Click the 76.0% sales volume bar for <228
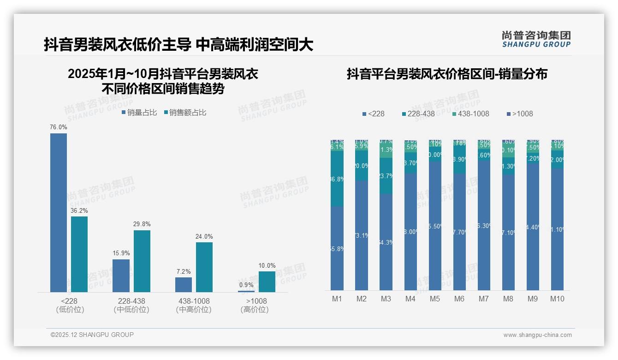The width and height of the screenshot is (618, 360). pyautogui.click(x=59, y=212)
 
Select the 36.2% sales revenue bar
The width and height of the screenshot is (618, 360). pyautogui.click(x=79, y=254)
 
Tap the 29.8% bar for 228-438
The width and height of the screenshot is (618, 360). pyautogui.click(x=142, y=261)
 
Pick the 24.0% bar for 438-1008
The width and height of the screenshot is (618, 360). pyautogui.click(x=204, y=267)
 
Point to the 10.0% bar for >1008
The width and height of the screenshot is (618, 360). pyautogui.click(x=267, y=282)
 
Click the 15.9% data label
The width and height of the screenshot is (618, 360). pyautogui.click(x=121, y=253)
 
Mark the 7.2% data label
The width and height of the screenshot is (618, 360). pyautogui.click(x=184, y=271)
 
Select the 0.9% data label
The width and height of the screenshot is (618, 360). pyautogui.click(x=246, y=285)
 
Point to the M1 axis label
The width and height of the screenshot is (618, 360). pyautogui.click(x=337, y=299)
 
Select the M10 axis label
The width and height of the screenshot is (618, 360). pyautogui.click(x=557, y=299)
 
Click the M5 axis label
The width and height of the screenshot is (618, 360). pyautogui.click(x=435, y=299)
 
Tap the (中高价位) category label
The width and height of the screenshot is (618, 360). pyautogui.click(x=194, y=310)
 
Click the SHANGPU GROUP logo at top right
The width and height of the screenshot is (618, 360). pyautogui.click(x=536, y=39)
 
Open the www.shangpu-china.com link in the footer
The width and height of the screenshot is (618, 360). pyautogui.click(x=537, y=335)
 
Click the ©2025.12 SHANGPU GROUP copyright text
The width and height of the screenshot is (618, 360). pyautogui.click(x=92, y=335)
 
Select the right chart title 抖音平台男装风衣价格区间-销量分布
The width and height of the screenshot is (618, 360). pyautogui.click(x=447, y=74)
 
